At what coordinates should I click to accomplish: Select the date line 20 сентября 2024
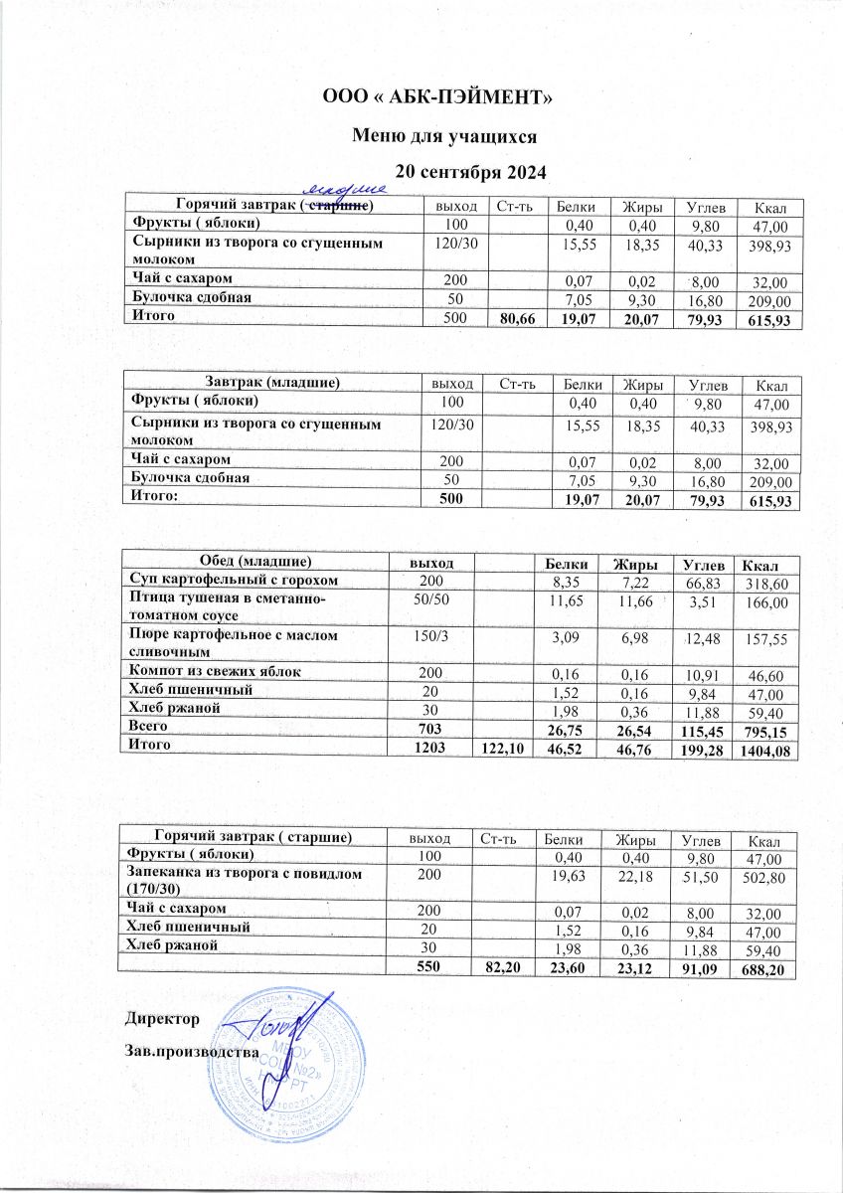pos(471,171)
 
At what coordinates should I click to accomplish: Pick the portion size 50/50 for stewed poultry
pos(432,597)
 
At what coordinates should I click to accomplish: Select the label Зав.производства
pos(191,1050)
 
